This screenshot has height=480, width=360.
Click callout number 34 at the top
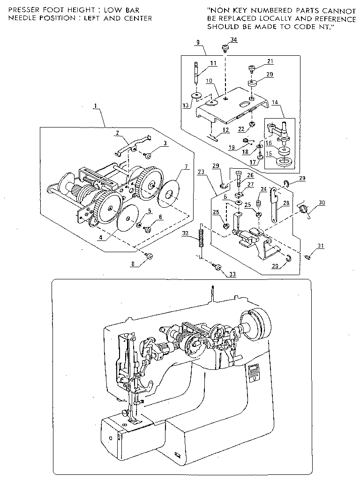(x=233, y=39)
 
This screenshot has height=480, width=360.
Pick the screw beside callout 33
(x=217, y=267)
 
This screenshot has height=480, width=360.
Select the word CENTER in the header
(x=139, y=18)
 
